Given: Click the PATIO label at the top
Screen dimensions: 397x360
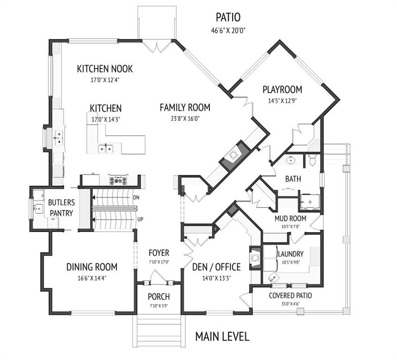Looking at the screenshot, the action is click(x=228, y=17).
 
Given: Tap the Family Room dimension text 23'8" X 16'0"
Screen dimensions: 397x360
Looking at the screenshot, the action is click(x=185, y=119).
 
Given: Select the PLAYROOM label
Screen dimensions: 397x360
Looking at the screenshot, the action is click(x=282, y=90).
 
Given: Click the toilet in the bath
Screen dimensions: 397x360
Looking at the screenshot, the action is click(x=313, y=159).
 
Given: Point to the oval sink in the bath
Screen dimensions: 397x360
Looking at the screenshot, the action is click(x=291, y=160).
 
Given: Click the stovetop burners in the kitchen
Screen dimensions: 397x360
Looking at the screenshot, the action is click(x=117, y=180).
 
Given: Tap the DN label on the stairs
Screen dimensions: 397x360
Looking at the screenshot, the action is click(x=136, y=198).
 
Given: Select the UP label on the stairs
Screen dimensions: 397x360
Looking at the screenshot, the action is click(x=140, y=219).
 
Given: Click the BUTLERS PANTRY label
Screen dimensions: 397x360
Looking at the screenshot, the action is click(x=61, y=208).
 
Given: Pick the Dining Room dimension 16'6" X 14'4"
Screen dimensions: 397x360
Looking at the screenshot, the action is click(x=92, y=278).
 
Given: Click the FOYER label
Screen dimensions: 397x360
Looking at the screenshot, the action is click(x=159, y=253).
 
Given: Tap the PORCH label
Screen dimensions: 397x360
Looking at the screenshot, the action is click(x=159, y=297).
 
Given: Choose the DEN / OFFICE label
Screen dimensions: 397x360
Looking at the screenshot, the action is click(x=216, y=267).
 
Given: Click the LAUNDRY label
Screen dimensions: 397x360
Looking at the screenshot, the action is click(x=290, y=254).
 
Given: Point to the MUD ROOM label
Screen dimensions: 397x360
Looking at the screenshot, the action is click(x=290, y=218).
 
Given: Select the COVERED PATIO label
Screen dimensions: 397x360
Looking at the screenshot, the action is click(x=290, y=295).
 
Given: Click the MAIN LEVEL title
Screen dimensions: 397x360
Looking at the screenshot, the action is click(x=222, y=337).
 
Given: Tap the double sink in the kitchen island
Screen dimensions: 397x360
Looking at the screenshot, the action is click(x=106, y=149).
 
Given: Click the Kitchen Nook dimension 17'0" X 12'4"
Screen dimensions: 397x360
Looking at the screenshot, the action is click(x=105, y=80).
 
